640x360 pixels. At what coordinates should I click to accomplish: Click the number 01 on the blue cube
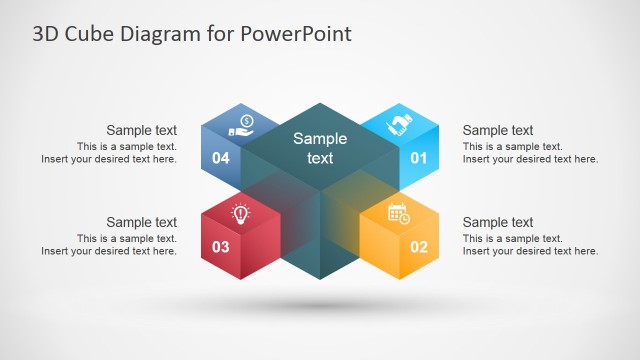[418, 157]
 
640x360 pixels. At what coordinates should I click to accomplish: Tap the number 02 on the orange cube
[418, 246]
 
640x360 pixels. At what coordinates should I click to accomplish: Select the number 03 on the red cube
[221, 246]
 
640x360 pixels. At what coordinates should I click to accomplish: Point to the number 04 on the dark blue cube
[221, 157]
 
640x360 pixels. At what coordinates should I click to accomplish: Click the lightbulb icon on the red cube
[240, 212]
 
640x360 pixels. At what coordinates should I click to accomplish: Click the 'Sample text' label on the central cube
[320, 148]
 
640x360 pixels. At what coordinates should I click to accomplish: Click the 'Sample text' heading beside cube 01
[497, 130]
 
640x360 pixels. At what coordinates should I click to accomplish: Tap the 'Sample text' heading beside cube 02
[497, 222]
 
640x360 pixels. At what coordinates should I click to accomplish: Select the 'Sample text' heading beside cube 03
[142, 222]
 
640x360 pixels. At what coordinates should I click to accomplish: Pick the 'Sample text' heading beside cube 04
[142, 130]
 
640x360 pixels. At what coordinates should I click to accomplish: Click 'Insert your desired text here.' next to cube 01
[530, 159]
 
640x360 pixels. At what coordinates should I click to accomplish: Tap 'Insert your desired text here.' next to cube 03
[109, 251]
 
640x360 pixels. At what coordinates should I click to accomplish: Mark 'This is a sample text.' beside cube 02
[513, 238]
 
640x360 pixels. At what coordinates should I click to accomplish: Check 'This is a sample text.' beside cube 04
[127, 146]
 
